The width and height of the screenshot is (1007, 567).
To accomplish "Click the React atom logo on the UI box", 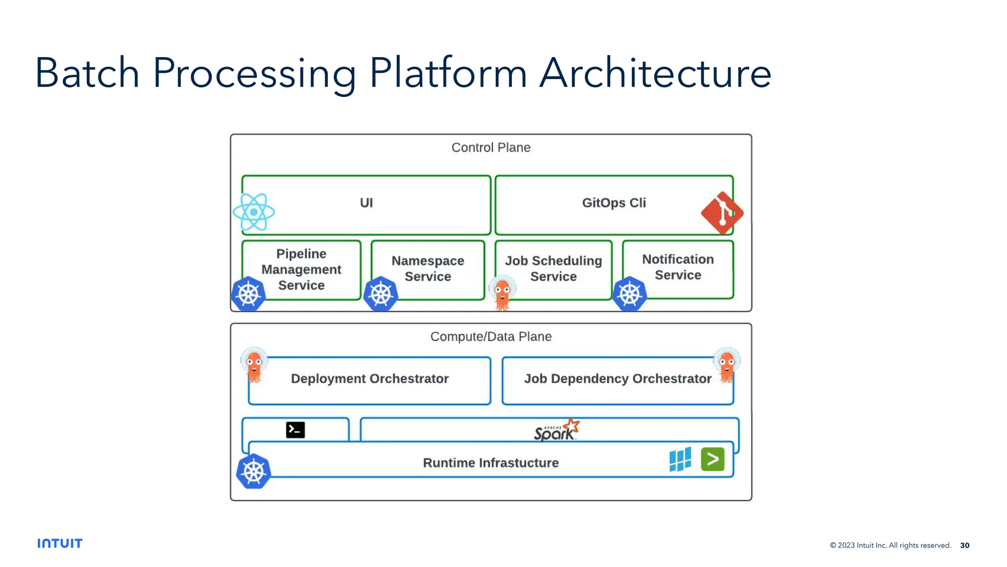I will point(254,212).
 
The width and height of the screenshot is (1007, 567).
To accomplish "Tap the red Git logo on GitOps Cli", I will point(722,213).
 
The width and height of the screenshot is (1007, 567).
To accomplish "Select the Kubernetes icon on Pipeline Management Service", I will point(248,294).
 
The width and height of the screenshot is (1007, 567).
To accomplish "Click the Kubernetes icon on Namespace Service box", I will point(381,294).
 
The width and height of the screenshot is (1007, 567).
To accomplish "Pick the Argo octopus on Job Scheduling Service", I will point(502,293).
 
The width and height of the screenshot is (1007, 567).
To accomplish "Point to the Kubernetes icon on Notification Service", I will point(630,294).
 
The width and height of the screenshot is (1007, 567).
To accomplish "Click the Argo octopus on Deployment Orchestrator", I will point(254,365).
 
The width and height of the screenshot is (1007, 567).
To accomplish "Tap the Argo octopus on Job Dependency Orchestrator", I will point(727,365).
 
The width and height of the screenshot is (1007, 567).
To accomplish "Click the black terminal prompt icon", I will point(295,430).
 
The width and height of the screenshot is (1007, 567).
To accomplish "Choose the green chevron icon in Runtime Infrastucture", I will point(712,459).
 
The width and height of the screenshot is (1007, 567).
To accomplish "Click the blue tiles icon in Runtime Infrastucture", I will point(680,460).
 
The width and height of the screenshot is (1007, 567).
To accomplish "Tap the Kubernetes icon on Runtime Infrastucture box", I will point(254,472).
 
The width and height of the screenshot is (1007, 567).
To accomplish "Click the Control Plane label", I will point(491,148).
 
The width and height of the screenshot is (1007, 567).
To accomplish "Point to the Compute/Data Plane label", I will point(491,337).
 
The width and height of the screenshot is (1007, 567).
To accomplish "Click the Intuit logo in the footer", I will point(60,543).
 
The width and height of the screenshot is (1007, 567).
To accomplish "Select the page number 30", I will point(965,545).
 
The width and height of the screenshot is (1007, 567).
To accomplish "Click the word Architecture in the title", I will point(655,74).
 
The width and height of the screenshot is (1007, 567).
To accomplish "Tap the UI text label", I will point(366,203).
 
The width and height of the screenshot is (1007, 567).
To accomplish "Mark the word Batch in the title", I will point(88,74).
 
